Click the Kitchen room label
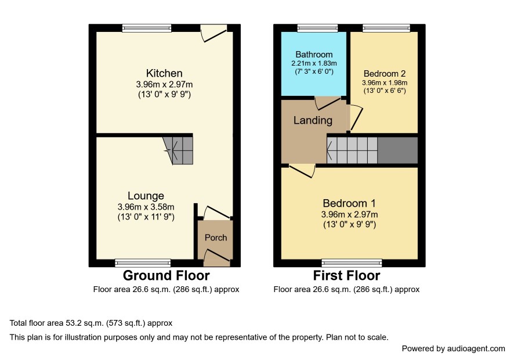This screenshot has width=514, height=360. (x=164, y=73)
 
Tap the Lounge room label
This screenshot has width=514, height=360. (x=146, y=196)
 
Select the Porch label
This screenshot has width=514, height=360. (x=216, y=237)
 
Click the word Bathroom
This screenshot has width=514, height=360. (x=314, y=55)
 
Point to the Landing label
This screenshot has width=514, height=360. (x=313, y=120)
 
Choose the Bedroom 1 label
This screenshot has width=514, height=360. (x=349, y=203)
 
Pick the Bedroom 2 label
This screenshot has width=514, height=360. (x=385, y=74)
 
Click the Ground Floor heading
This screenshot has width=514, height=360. (x=166, y=276)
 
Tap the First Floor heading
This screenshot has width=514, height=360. (x=346, y=276)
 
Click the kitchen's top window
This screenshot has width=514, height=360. (x=147, y=28)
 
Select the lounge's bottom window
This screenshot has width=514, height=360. (x=143, y=262)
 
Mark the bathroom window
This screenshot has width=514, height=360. (x=317, y=28)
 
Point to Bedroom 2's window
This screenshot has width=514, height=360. (x=386, y=28)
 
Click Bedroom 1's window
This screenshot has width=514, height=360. (x=352, y=262)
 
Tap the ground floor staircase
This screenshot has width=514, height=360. (x=178, y=150)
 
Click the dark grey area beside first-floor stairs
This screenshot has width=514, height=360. (x=397, y=150)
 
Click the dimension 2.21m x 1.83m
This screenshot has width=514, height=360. (x=314, y=63)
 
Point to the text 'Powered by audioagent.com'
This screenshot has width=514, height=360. (x=453, y=348)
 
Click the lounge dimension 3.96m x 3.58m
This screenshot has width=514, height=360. (x=146, y=207)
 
